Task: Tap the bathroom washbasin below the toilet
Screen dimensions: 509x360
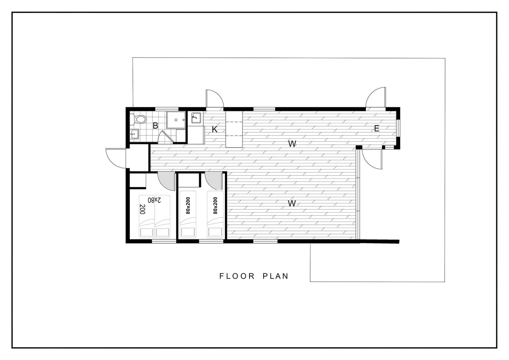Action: [x=135, y=134]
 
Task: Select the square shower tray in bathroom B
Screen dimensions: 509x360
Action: [x=176, y=120]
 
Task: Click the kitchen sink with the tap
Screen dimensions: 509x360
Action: [x=196, y=118]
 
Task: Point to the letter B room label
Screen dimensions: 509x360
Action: [x=156, y=126]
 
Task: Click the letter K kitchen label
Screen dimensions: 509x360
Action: [x=214, y=129]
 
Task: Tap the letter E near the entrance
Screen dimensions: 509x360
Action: [x=377, y=129]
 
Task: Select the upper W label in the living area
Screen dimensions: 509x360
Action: [x=292, y=144]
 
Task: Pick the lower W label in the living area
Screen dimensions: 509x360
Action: [x=292, y=203]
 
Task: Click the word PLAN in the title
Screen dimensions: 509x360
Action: [x=276, y=276]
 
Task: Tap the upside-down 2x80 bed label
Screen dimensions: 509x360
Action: [x=155, y=200]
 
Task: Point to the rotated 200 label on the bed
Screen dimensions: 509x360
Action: [x=142, y=209]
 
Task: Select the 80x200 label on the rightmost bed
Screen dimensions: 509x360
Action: [x=215, y=205]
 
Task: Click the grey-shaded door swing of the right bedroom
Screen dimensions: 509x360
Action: [x=213, y=181]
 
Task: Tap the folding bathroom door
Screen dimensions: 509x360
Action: [x=166, y=137]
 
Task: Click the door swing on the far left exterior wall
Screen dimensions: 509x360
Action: [x=115, y=158]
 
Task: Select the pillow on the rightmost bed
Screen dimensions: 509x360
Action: [x=215, y=232]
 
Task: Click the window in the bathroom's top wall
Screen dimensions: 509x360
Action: [x=167, y=108]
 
